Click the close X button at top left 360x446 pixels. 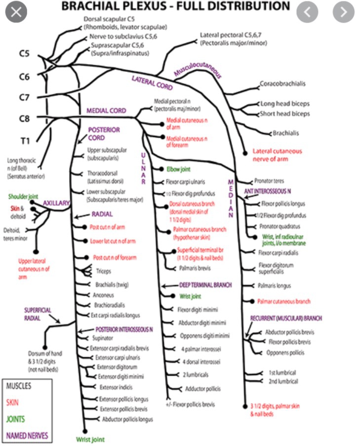coord(16,11)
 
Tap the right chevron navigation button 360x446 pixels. coord(343,11)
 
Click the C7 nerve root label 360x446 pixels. coord(24,97)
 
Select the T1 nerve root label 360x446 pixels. coord(25,141)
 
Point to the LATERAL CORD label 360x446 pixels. coord(152,82)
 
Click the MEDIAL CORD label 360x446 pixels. coord(106,111)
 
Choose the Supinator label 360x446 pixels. coord(103,338)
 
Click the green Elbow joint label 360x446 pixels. coord(178,169)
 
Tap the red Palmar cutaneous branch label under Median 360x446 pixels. coord(283,301)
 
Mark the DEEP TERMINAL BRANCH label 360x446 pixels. coord(205,285)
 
